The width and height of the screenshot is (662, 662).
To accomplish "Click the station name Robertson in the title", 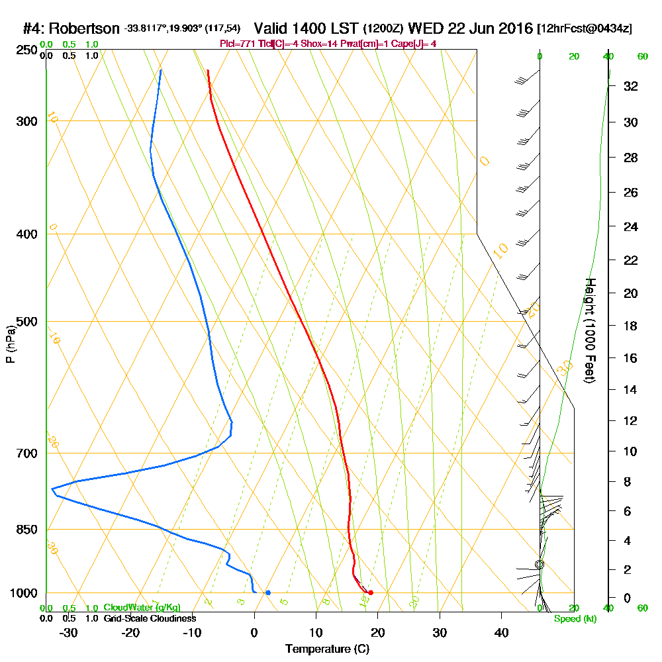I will [83, 28].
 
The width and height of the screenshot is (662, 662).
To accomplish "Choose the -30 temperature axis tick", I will [69, 632].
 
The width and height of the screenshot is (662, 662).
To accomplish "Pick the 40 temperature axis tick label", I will [502, 632].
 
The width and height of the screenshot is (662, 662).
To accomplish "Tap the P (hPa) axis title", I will [10, 344].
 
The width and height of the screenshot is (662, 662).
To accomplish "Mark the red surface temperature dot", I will [370, 592].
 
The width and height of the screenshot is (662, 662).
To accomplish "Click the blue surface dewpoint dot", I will [267, 592].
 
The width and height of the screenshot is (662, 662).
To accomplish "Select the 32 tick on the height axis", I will [631, 86].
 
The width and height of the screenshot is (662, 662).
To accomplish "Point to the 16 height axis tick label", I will [631, 358].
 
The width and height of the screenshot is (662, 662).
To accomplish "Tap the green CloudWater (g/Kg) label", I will [142, 608].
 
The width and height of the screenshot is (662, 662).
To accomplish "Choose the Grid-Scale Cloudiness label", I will [149, 618].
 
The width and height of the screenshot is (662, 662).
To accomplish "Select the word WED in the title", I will [424, 28].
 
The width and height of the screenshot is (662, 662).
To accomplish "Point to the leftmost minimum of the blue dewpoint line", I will [52, 489].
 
